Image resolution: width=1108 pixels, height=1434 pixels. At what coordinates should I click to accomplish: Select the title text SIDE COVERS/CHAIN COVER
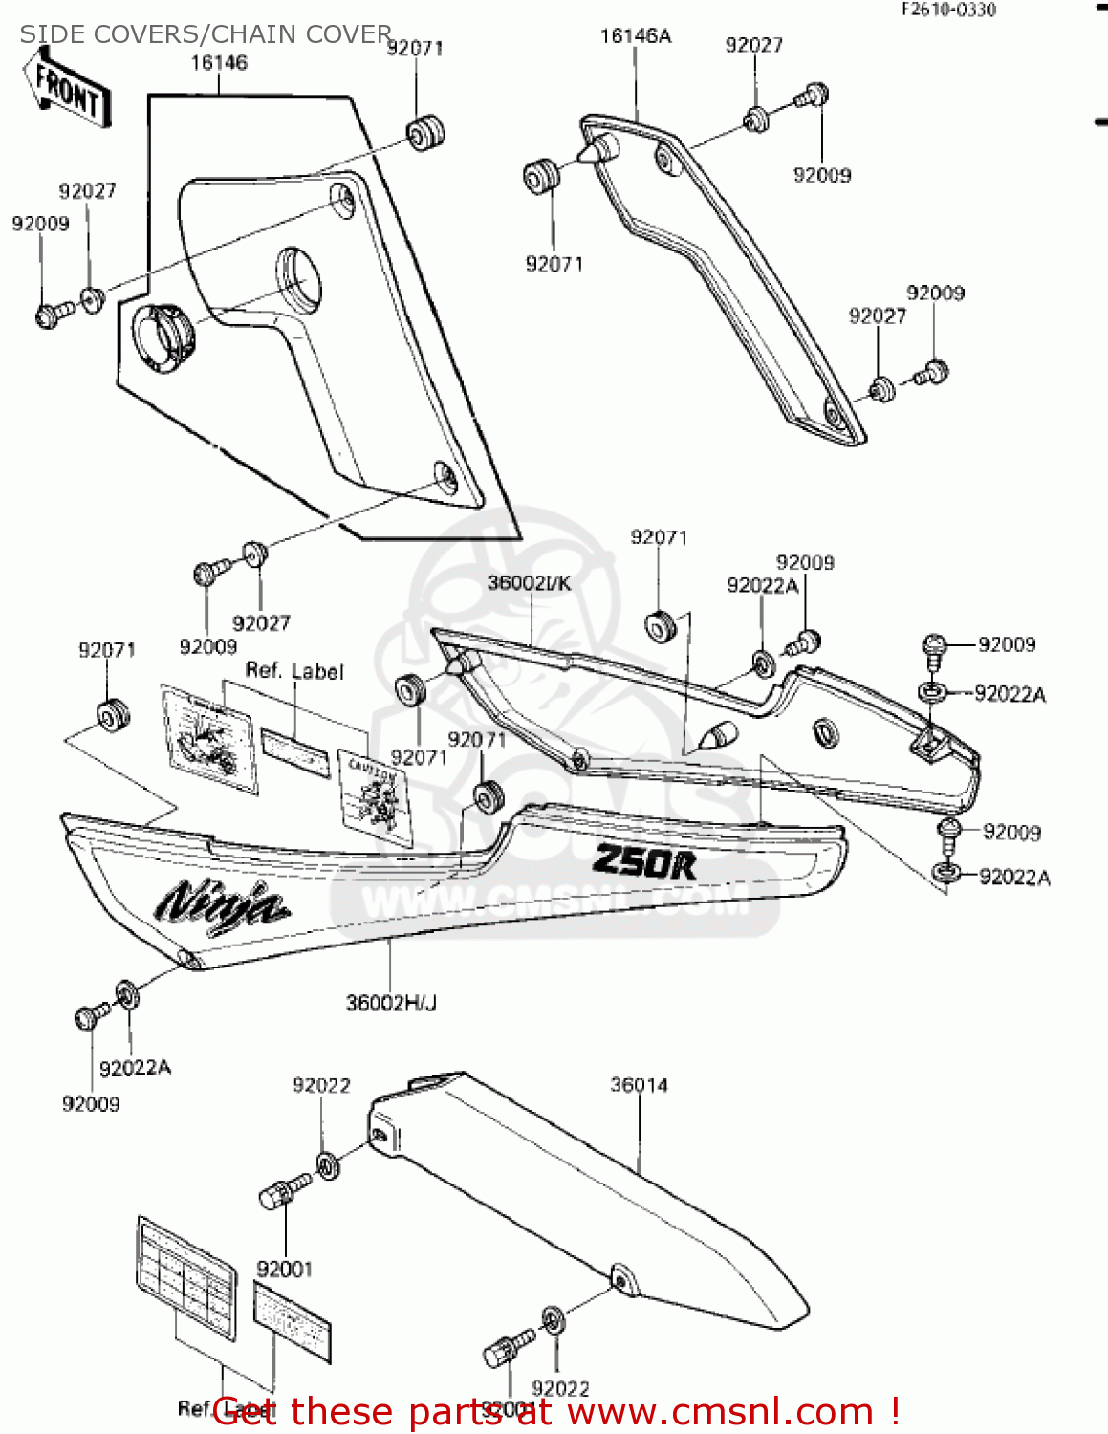(206, 34)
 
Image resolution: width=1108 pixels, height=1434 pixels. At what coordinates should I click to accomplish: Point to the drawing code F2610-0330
(949, 10)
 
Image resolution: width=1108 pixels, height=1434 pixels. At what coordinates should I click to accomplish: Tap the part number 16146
(219, 63)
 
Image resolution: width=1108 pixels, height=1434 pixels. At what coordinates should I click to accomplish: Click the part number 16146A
(636, 36)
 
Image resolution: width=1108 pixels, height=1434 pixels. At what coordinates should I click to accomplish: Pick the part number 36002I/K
(529, 583)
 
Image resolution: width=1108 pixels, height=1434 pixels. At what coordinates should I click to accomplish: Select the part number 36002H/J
(391, 1003)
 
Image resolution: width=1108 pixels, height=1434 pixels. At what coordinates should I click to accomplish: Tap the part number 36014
(639, 1085)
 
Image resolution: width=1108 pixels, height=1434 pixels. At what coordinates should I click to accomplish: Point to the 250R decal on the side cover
(644, 861)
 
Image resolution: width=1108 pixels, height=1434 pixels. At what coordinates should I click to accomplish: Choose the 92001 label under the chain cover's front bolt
(285, 1269)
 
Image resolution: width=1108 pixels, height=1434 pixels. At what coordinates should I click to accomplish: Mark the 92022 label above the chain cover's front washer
(321, 1086)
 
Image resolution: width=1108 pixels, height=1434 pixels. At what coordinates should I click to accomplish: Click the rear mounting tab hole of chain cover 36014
(622, 1279)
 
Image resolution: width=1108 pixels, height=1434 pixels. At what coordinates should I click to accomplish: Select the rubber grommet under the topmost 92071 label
(426, 131)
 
